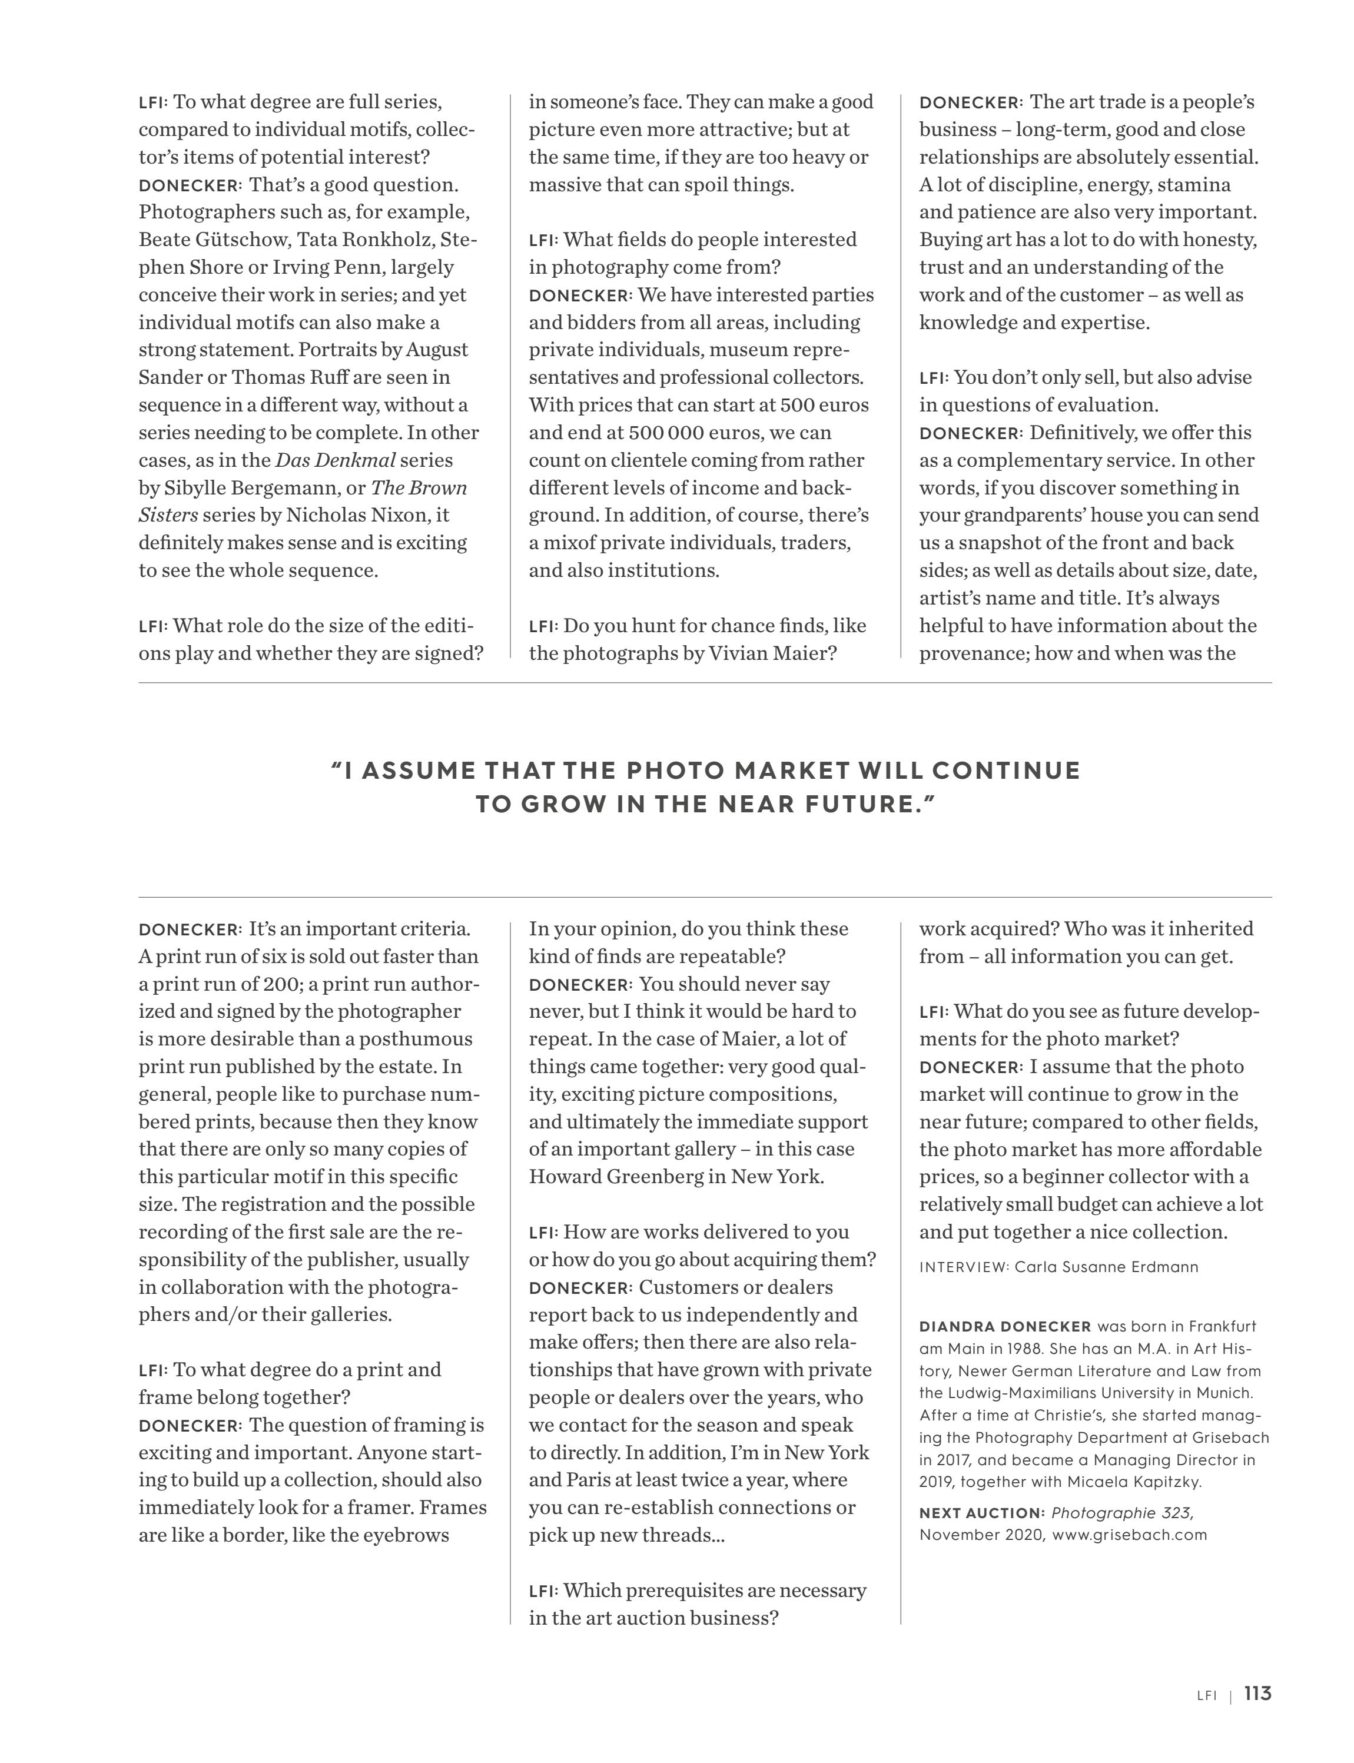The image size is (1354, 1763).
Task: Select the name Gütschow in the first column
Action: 240,240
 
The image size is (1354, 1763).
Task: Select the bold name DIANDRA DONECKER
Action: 1005,1326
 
